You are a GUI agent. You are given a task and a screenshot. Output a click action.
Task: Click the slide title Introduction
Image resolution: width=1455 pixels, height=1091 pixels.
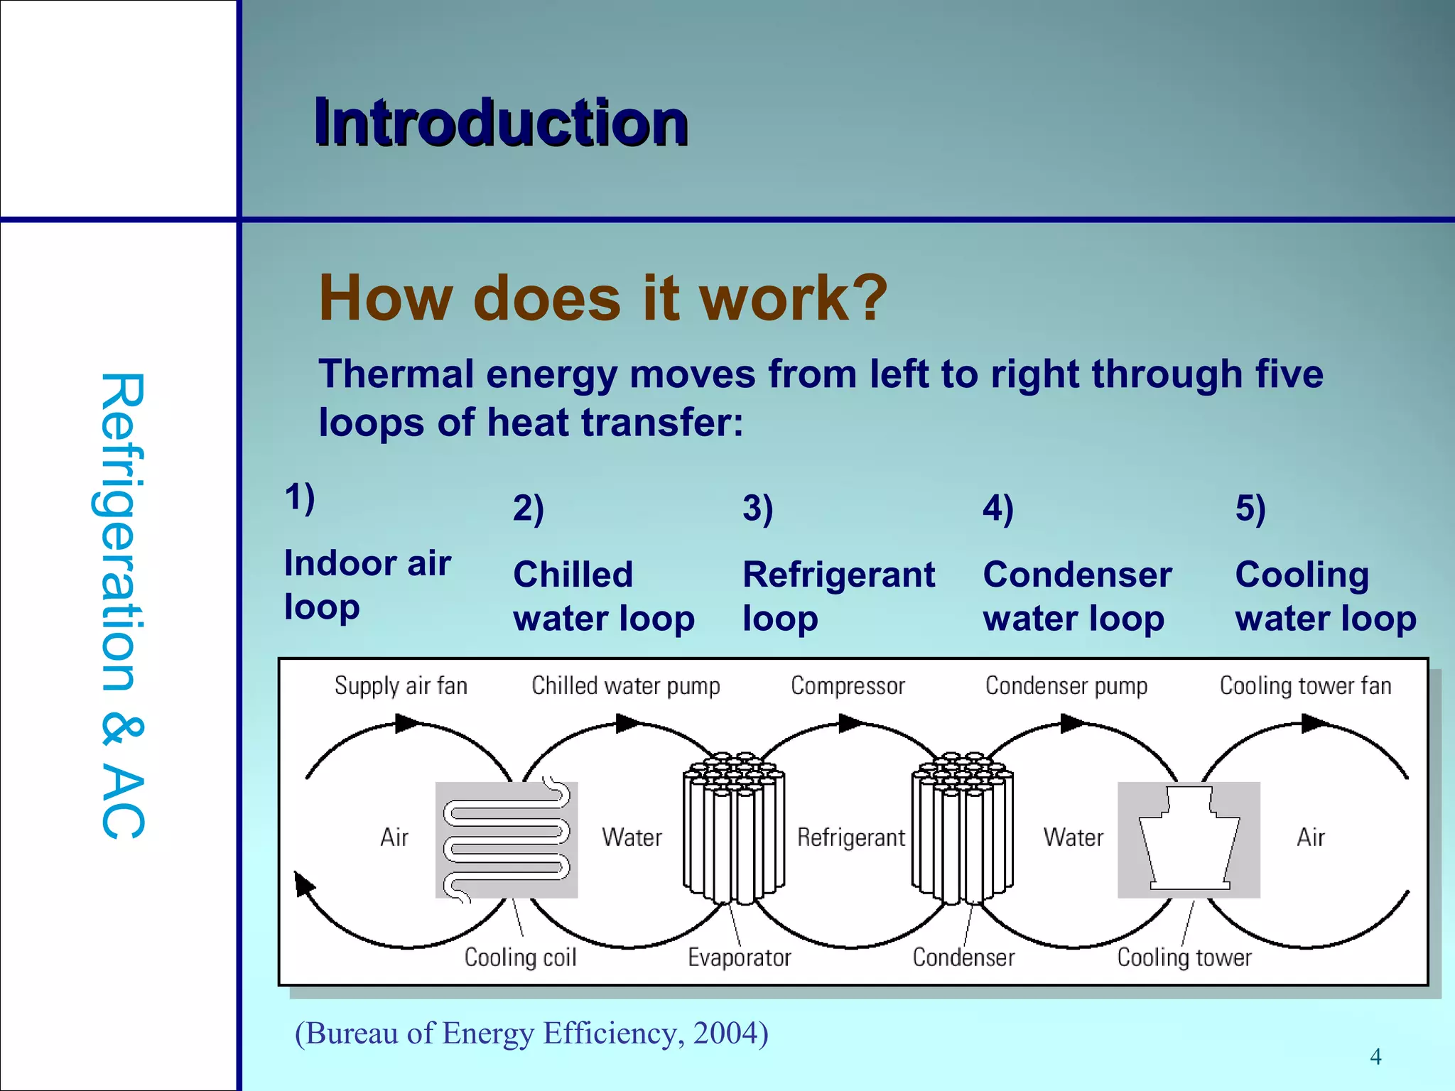501,123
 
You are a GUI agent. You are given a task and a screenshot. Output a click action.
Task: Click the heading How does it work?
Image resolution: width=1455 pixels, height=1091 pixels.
602,298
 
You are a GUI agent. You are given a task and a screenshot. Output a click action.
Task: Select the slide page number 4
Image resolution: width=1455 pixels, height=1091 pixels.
1375,1057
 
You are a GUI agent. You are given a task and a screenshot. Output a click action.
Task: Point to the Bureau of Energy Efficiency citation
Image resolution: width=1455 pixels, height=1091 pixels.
531,1033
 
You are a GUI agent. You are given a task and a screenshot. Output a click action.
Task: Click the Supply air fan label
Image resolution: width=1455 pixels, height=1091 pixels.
401,686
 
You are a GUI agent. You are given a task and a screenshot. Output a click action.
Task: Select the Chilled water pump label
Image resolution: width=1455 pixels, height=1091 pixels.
625,686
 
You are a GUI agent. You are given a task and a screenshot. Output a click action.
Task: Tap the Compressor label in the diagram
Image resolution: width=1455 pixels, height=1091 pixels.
848,686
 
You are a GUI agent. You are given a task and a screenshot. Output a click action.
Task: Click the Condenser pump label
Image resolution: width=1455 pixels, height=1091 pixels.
1066,686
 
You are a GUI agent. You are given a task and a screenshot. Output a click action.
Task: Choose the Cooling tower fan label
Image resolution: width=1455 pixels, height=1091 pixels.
1305,686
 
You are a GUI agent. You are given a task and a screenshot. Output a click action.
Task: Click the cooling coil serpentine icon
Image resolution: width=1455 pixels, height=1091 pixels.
507,840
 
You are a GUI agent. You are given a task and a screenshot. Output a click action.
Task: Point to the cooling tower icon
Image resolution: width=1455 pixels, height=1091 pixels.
1189,840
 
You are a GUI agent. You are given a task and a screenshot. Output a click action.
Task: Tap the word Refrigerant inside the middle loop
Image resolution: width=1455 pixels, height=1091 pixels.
851,837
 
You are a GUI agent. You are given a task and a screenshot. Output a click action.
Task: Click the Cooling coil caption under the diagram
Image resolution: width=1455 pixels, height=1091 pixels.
520,957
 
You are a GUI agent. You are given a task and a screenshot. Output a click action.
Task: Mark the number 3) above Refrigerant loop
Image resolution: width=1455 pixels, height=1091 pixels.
757,509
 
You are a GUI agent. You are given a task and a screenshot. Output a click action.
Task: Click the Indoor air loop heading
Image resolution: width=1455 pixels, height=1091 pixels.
367,585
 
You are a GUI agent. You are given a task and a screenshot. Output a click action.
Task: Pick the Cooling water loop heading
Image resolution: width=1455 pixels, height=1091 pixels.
1325,596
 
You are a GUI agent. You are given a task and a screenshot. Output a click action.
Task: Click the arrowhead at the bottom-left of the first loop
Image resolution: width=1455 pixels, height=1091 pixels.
304,884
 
